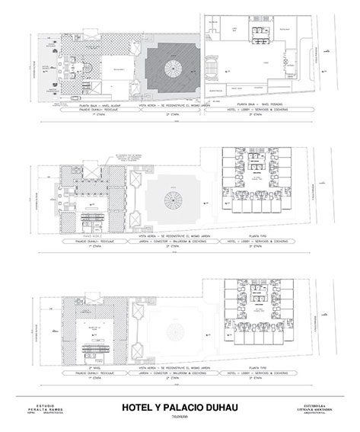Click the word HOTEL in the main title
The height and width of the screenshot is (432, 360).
point(140,408)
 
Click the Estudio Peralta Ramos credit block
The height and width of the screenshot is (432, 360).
point(45,409)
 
